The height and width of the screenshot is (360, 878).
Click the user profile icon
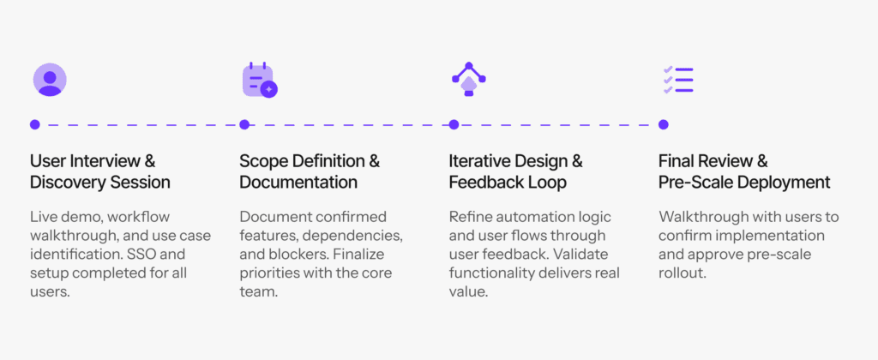(x=50, y=80)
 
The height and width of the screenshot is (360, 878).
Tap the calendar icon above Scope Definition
(x=260, y=80)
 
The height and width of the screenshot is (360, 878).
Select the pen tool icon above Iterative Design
(x=469, y=79)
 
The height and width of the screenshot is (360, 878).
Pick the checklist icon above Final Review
(x=678, y=80)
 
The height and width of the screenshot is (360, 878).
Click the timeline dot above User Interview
(x=34, y=124)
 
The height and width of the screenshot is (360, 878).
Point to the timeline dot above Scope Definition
(x=244, y=124)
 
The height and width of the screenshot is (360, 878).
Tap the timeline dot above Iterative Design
(x=454, y=124)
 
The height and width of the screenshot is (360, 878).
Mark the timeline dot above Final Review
(x=663, y=124)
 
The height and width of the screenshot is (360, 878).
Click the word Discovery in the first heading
(x=63, y=183)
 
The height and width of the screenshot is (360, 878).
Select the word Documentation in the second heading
(x=298, y=183)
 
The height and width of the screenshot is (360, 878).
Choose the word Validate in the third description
(x=581, y=255)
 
